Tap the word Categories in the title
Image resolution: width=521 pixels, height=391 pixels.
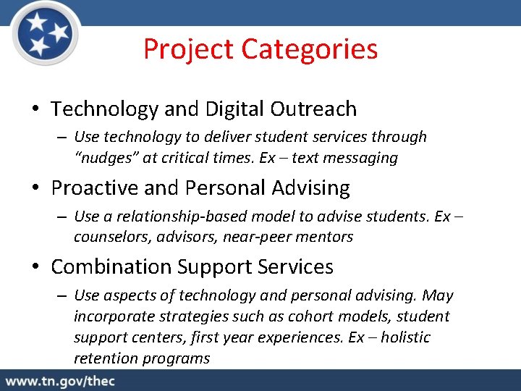pyautogui.click(x=309, y=50)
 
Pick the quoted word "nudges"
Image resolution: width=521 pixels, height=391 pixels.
pyautogui.click(x=101, y=158)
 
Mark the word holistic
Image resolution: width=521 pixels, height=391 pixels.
pyautogui.click(x=405, y=337)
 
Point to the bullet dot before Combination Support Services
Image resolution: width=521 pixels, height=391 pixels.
pyautogui.click(x=35, y=268)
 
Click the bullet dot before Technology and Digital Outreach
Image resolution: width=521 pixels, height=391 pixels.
pyautogui.click(x=35, y=110)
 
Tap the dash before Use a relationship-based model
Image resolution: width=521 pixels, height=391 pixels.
pyautogui.click(x=61, y=217)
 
